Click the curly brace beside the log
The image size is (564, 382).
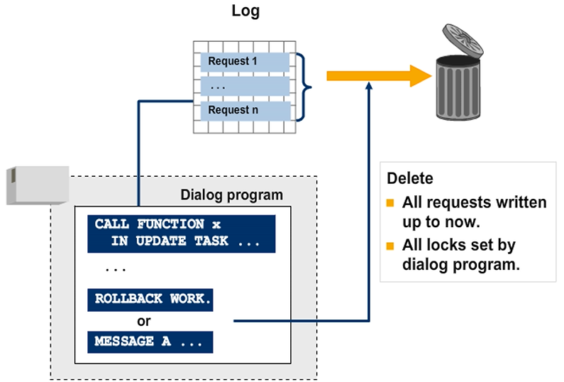(x=304, y=86)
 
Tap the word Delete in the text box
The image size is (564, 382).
(x=409, y=178)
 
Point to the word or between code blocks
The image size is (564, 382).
(x=144, y=320)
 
